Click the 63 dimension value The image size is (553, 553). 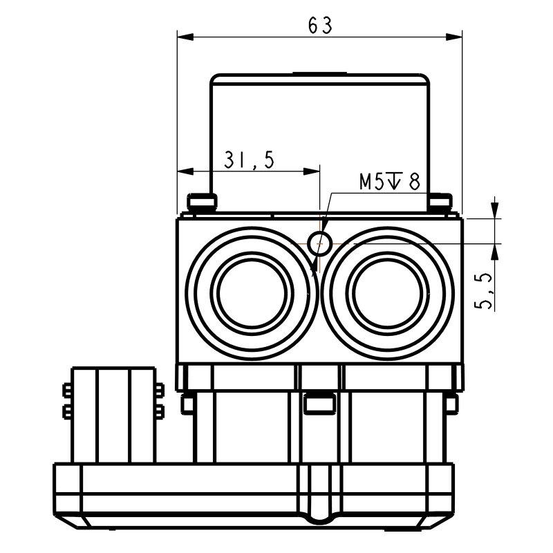(320, 25)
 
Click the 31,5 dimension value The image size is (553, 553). (249, 160)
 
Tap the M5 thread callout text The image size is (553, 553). (389, 182)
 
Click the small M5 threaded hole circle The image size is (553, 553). (319, 242)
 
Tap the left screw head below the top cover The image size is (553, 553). (200, 202)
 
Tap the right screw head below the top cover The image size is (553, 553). (440, 202)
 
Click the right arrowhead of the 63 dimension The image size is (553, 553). (456, 36)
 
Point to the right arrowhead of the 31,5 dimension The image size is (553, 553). (314, 171)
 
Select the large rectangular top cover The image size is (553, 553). (319, 138)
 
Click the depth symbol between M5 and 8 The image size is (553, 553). (395, 182)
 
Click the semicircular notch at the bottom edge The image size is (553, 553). (319, 516)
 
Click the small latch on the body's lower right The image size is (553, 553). (451, 403)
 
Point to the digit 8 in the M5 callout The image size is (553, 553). (413, 182)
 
